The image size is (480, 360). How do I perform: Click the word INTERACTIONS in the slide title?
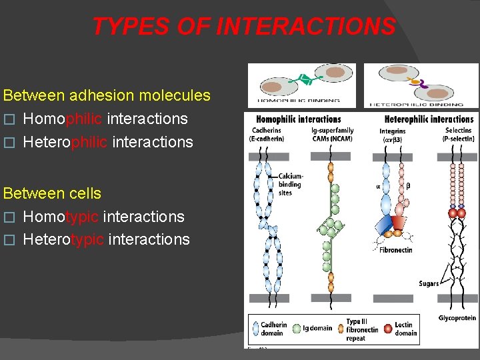click(x=306, y=26)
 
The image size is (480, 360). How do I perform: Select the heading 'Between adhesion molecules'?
click(x=107, y=96)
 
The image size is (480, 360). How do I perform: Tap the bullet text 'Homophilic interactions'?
click(x=105, y=119)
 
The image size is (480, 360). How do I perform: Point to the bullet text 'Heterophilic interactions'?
click(x=108, y=142)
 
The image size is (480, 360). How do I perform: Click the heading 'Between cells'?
click(x=53, y=193)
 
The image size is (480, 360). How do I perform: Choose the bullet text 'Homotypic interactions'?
click(x=103, y=217)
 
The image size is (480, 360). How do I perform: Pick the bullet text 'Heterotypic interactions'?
click(x=106, y=239)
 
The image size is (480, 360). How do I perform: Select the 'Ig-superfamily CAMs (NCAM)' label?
click(x=332, y=135)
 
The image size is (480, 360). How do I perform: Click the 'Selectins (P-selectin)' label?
click(x=458, y=135)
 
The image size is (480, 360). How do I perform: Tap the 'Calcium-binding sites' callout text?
click(x=291, y=184)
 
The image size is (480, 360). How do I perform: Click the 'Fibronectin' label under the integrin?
click(x=396, y=250)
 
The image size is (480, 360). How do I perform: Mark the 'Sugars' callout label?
click(x=429, y=283)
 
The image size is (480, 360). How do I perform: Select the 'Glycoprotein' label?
click(x=457, y=318)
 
